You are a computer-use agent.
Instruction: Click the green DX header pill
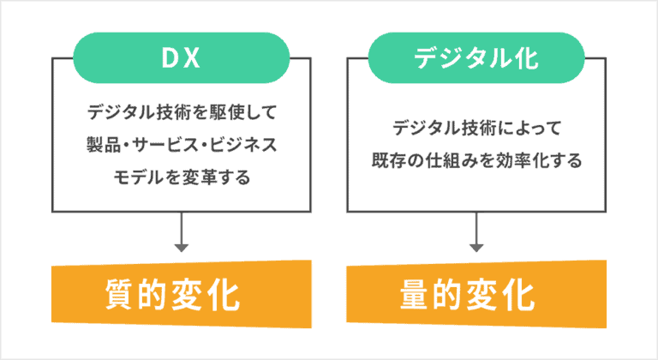point(182,57)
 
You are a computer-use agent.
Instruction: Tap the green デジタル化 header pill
point(476,57)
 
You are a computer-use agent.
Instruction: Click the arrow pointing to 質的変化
point(182,237)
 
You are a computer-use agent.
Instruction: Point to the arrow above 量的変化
point(476,237)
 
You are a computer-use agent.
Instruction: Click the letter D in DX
point(170,57)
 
